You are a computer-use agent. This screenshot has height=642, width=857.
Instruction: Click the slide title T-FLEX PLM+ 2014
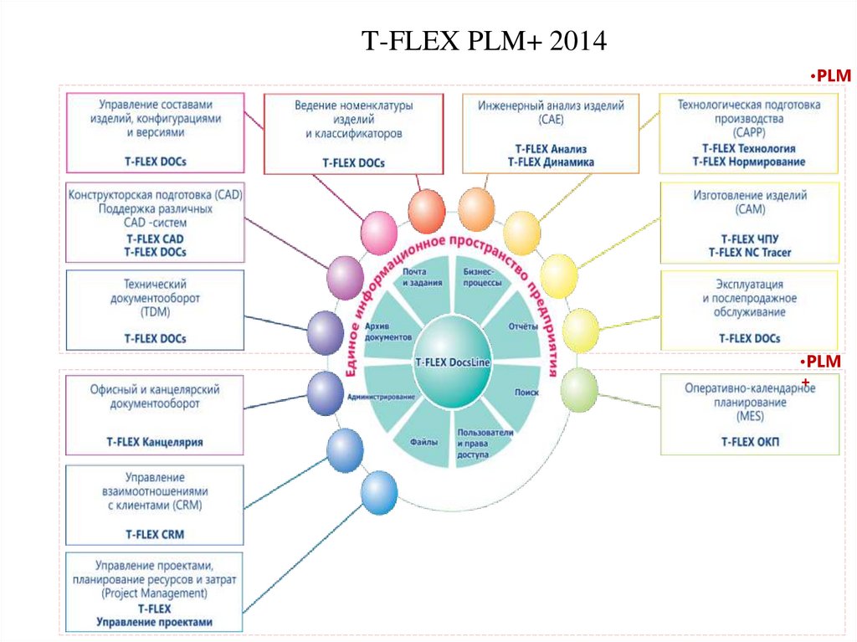(483, 40)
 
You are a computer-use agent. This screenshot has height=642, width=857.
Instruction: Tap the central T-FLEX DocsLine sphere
(453, 362)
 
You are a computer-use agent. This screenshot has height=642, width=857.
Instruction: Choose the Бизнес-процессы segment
(483, 278)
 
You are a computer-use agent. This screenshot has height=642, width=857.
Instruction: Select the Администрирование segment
(381, 396)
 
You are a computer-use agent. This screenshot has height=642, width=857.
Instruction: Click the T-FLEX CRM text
(155, 533)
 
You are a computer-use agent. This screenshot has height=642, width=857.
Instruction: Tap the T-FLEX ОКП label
(749, 440)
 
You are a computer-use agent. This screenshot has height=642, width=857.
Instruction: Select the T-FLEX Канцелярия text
(155, 440)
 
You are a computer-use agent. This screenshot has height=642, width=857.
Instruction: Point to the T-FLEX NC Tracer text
(749, 252)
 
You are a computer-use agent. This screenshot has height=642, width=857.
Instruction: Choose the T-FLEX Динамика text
(551, 162)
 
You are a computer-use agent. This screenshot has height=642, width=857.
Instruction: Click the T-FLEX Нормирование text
(749, 161)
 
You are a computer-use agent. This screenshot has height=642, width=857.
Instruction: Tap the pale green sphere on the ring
(579, 390)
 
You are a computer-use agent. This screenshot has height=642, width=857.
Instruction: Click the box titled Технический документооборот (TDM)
(155, 310)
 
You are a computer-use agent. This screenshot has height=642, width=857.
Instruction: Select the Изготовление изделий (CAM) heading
(749, 202)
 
